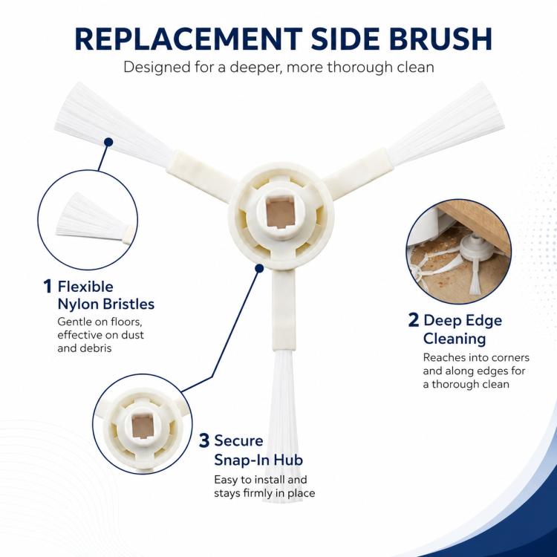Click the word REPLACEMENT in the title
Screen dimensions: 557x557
[189, 39]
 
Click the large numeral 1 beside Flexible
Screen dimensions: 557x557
[48, 287]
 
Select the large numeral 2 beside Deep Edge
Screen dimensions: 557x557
[414, 320]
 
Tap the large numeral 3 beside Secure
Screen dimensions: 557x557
[204, 440]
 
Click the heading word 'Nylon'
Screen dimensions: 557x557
[78, 304]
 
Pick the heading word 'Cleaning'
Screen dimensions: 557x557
[455, 338]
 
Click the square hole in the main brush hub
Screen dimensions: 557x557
[280, 213]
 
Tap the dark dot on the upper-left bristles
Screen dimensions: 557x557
[108, 142]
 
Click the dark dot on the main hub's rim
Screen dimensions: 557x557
[259, 268]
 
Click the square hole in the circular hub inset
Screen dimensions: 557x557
[142, 426]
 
